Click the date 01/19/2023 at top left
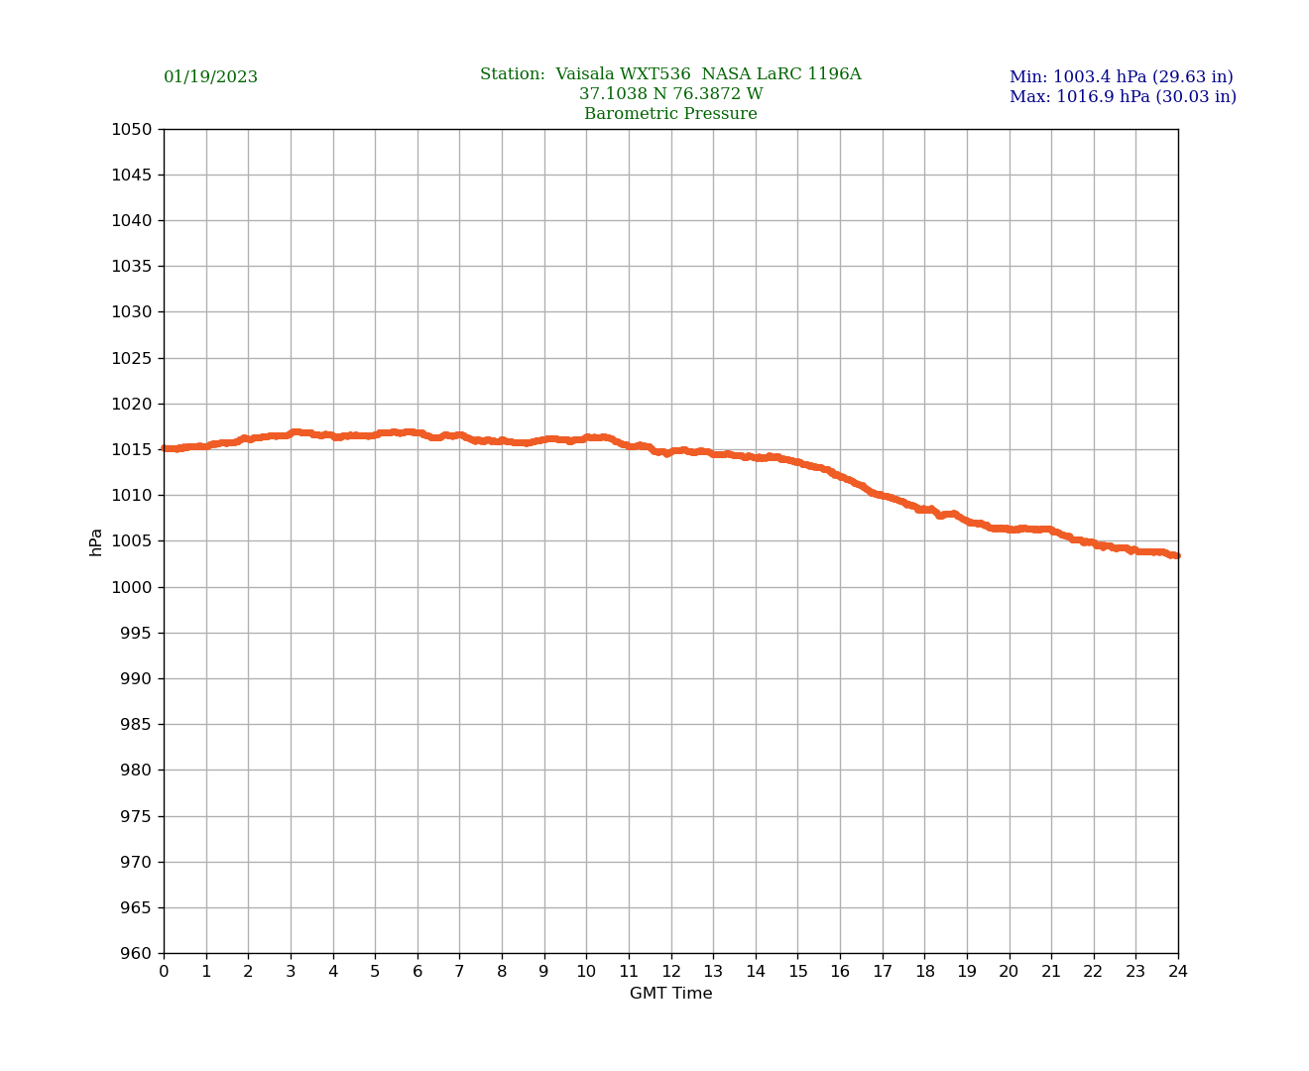tap(210, 77)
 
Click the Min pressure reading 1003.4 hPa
tap(1122, 77)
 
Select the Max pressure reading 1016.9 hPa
tap(1123, 97)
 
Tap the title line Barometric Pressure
tap(670, 114)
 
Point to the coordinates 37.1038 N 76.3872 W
tap(670, 94)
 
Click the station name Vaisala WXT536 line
tap(670, 74)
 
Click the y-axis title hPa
tap(96, 541)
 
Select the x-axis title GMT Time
tap(670, 994)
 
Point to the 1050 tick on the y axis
tap(132, 129)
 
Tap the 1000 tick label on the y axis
tap(132, 587)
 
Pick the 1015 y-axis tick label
tap(132, 449)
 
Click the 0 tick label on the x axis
tap(164, 972)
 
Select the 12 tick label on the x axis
tap(671, 972)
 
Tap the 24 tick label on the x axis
tap(1178, 972)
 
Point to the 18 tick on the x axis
tap(924, 972)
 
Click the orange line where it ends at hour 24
tap(1176, 555)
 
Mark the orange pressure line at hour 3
tap(291, 433)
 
